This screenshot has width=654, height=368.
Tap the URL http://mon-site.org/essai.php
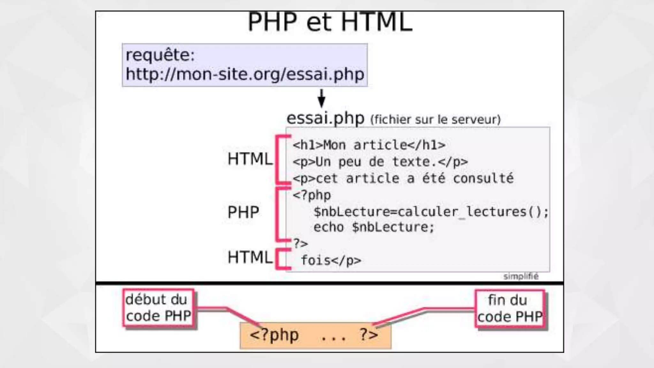(x=245, y=74)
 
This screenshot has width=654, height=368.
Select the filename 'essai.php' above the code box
(x=325, y=118)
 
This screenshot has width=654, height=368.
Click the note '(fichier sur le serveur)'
(x=436, y=119)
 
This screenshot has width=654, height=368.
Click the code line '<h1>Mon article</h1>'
(x=369, y=145)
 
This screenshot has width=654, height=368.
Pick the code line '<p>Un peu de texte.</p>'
(x=380, y=162)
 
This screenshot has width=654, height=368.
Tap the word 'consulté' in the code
(x=483, y=178)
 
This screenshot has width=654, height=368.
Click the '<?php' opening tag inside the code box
(x=312, y=195)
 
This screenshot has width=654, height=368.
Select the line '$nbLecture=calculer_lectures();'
(x=431, y=211)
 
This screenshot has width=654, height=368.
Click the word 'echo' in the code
(x=328, y=227)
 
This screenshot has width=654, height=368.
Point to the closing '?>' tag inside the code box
(x=300, y=243)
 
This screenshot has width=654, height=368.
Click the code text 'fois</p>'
(x=331, y=260)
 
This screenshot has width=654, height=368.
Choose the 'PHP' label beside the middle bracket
(x=243, y=212)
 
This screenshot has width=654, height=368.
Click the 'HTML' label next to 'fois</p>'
(x=250, y=257)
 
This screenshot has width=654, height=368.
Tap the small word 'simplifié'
(x=521, y=276)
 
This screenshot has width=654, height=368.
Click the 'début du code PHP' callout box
(x=158, y=308)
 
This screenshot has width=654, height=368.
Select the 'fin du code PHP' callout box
(x=510, y=309)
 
